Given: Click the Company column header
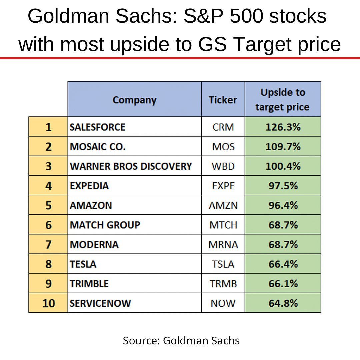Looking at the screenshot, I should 134,100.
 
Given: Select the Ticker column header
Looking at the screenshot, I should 223,100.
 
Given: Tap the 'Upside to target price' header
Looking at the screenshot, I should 283,100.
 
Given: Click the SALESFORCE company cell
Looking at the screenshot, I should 97,127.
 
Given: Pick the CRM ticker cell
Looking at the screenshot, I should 223,127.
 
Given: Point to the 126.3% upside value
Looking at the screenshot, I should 283,127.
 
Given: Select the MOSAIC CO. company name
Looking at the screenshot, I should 98,147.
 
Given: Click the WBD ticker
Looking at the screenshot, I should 223,166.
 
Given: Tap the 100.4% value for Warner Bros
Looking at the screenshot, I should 283,166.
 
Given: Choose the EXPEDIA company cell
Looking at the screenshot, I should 89,186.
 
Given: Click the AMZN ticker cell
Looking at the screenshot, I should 223,205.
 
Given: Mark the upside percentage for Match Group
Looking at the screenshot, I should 283,225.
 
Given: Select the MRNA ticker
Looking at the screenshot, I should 223,245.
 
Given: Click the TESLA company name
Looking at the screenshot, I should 83,264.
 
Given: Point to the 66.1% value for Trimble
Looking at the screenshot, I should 283,284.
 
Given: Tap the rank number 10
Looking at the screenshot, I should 48,303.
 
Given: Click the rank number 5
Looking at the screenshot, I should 48,205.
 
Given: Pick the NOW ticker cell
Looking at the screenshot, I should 223,303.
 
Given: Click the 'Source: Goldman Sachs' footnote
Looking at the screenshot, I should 181,340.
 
